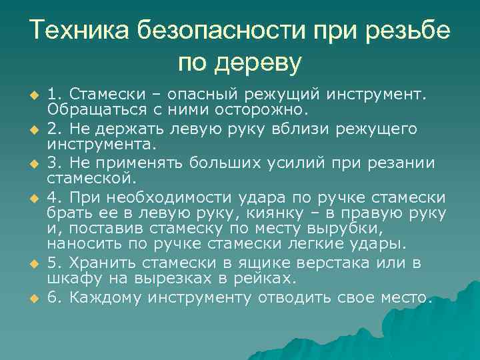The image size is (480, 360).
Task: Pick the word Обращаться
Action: tap(84, 107)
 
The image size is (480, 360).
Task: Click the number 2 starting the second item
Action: tap(53, 127)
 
